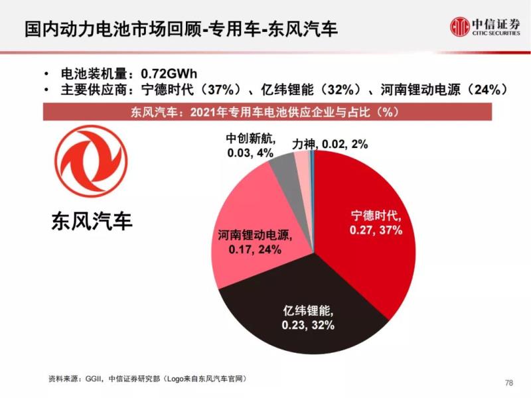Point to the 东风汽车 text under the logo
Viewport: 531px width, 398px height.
[92, 220]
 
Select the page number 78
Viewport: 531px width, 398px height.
[509, 383]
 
